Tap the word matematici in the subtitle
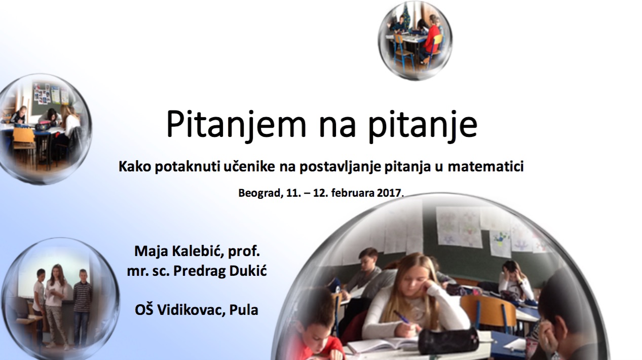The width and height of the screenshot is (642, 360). (x=486, y=167)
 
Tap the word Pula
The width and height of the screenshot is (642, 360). (x=244, y=310)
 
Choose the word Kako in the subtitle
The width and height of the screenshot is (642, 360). (x=135, y=167)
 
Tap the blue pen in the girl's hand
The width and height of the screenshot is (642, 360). (x=401, y=317)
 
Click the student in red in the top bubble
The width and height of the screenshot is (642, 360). (x=431, y=40)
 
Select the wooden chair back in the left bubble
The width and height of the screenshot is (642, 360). (x=24, y=135)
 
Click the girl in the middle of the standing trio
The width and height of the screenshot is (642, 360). (x=56, y=306)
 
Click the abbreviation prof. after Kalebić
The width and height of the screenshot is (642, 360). (x=244, y=252)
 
